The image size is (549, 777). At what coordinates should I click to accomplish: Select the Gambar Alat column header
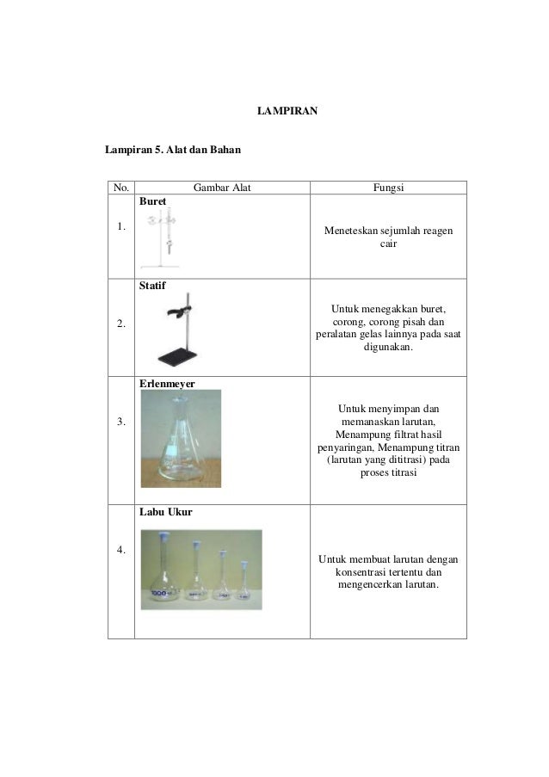(221, 188)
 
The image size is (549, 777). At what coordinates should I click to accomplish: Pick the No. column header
(120, 188)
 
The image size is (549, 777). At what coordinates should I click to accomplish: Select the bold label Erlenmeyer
(164, 382)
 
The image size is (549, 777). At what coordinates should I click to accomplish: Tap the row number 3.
(120, 422)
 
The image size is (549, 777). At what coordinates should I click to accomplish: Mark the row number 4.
(120, 551)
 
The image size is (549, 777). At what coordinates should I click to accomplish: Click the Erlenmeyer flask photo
(181, 438)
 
